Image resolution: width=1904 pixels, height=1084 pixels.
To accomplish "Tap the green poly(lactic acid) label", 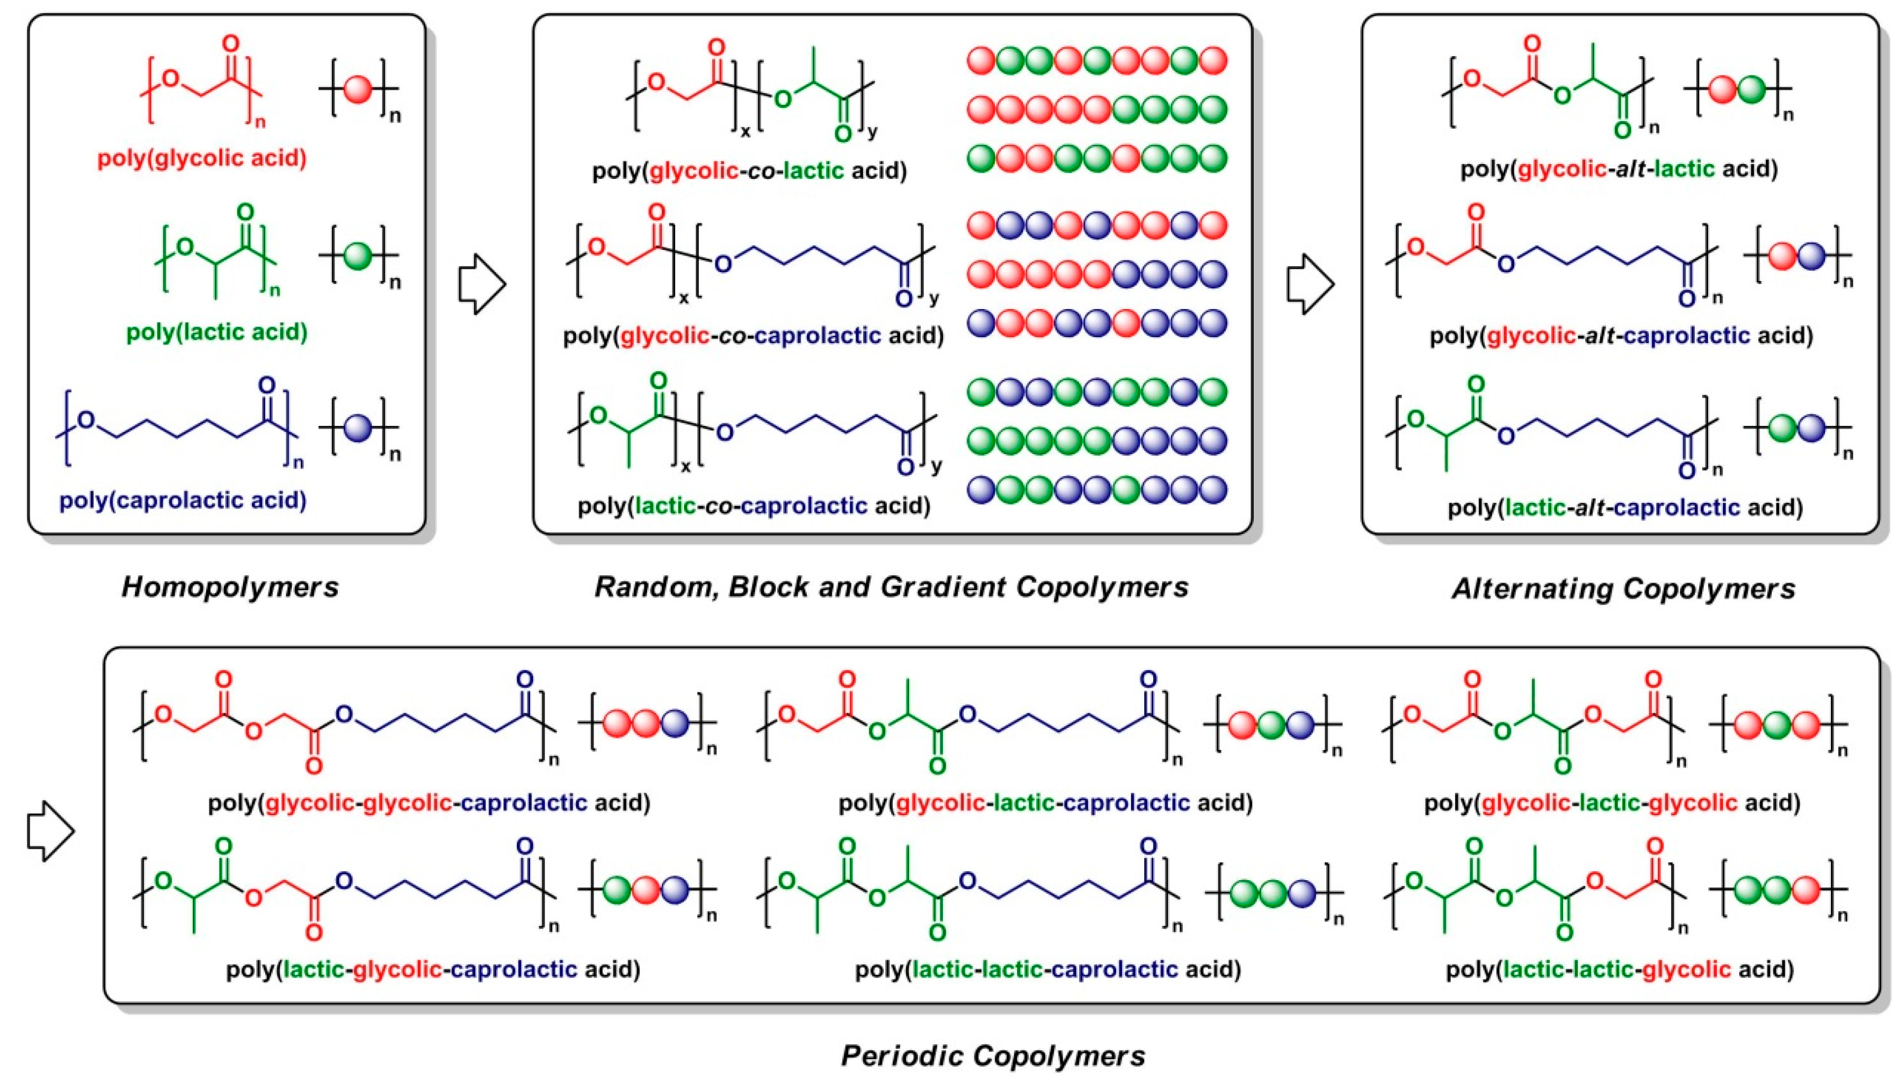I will [x=217, y=332].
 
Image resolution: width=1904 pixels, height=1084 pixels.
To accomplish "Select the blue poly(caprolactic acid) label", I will [x=183, y=500].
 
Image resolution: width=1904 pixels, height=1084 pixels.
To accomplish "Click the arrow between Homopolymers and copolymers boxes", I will [x=482, y=284].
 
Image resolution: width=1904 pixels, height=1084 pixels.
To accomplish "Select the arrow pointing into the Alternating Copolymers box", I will [x=1310, y=284].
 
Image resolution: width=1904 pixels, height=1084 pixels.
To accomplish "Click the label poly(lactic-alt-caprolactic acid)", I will [x=1625, y=508].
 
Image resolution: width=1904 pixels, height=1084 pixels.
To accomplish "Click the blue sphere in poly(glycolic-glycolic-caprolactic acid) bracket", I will [x=676, y=723].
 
